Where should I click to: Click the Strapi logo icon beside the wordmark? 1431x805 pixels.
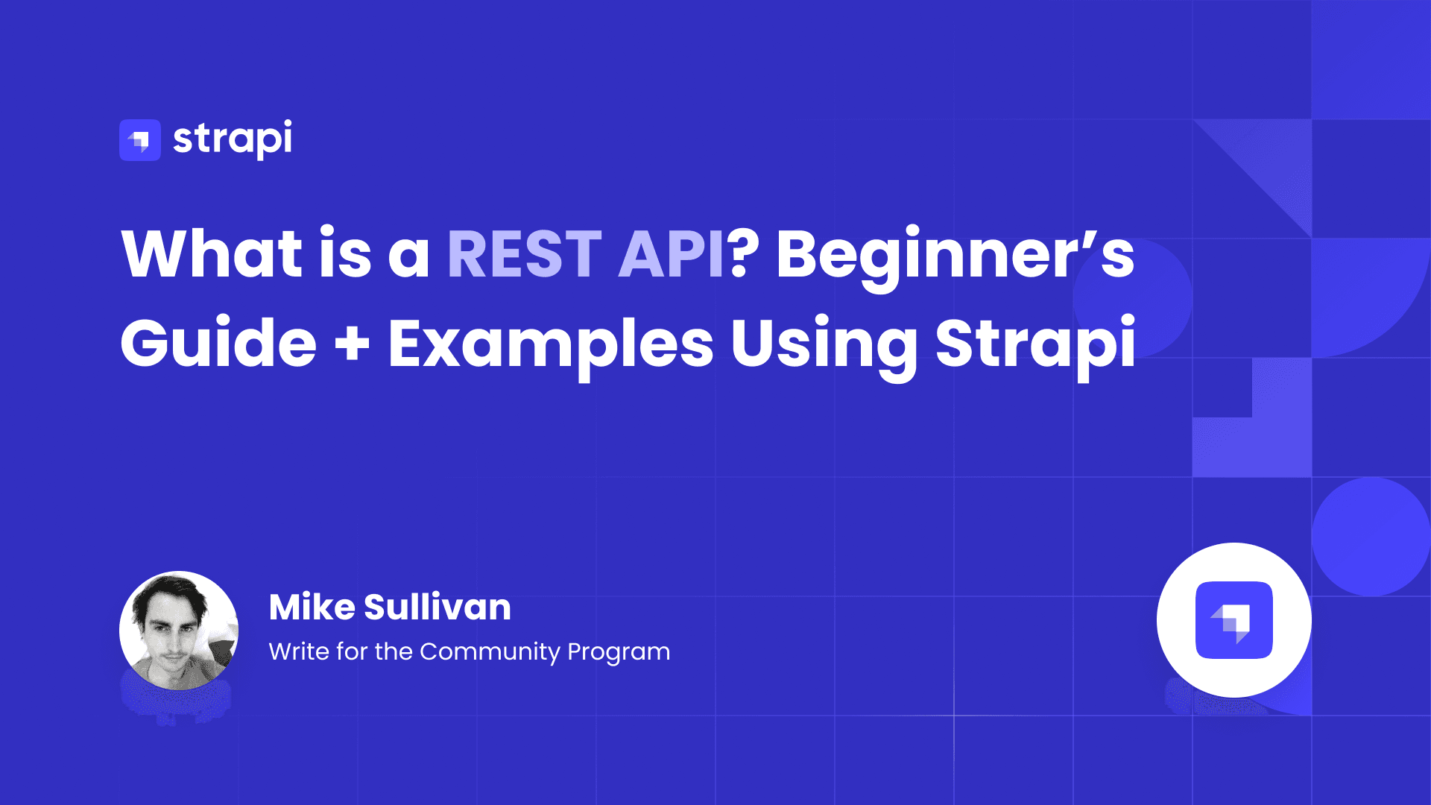click(x=140, y=140)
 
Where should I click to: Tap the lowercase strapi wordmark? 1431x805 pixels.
click(x=233, y=139)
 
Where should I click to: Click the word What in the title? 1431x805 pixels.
click(x=212, y=254)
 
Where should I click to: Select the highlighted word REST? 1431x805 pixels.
click(x=524, y=254)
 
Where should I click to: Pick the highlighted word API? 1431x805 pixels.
click(x=670, y=254)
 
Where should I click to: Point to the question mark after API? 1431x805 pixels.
click(x=743, y=254)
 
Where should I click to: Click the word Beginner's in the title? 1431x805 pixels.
click(x=955, y=254)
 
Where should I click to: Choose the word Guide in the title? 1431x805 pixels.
click(x=218, y=344)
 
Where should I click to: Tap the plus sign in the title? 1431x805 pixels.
click(x=352, y=344)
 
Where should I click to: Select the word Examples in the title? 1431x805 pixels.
click(x=551, y=344)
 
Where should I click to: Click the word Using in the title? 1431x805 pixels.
click(x=824, y=344)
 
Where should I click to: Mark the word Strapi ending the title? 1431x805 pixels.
click(x=1035, y=344)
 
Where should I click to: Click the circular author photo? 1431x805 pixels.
click(x=179, y=631)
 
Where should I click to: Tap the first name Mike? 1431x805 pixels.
click(x=312, y=607)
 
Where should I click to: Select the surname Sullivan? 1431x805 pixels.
click(x=437, y=607)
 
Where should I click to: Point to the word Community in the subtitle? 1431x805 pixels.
click(x=490, y=652)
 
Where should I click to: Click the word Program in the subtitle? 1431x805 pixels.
click(x=619, y=652)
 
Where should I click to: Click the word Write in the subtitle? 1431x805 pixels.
click(x=298, y=651)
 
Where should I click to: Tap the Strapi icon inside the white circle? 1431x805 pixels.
click(x=1233, y=620)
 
